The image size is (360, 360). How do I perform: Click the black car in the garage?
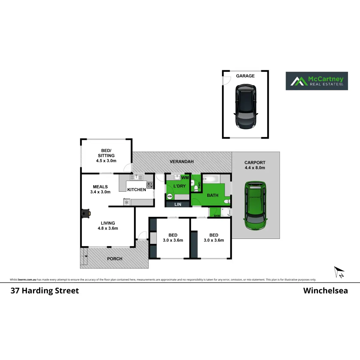pyautogui.click(x=246, y=106)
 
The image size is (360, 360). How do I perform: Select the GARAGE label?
pyautogui.click(x=245, y=76)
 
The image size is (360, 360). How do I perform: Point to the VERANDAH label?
pyautogui.click(x=181, y=162)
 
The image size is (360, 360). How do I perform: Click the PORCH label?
pyautogui.click(x=115, y=259)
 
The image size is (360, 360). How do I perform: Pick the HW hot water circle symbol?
pyautogui.click(x=169, y=196)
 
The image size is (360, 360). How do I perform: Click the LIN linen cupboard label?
pyautogui.click(x=178, y=204)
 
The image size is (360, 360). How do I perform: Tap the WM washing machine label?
pyautogui.click(x=185, y=178)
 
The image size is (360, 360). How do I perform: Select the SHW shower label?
pyautogui.click(x=217, y=216)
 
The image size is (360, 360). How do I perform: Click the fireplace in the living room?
pyautogui.click(x=86, y=213)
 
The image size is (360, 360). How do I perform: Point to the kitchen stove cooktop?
pyautogui.click(x=150, y=185)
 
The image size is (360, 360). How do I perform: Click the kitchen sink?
pyautogui.click(x=136, y=177)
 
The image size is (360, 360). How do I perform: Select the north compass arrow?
pyautogui.click(x=339, y=271)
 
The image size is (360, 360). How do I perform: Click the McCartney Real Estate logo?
pyautogui.click(x=316, y=81)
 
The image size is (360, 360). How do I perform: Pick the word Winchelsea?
pyautogui.click(x=325, y=291)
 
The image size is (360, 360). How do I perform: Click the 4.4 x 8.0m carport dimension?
pyautogui.click(x=255, y=168)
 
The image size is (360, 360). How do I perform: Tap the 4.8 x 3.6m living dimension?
pyautogui.click(x=108, y=228)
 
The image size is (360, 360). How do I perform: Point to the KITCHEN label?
pyautogui.click(x=136, y=190)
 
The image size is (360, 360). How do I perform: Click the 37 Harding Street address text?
pyautogui.click(x=45, y=291)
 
